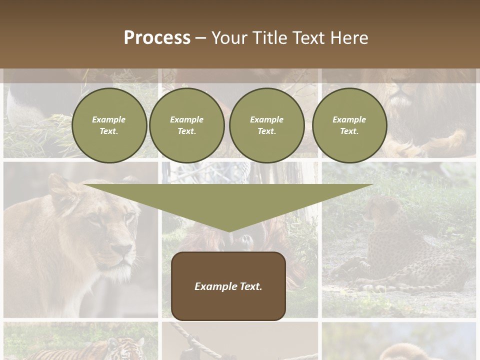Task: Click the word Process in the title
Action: point(157,38)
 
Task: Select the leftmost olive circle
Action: point(109,125)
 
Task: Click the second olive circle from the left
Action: point(187,125)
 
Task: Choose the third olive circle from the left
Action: point(267,125)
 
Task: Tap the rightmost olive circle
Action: point(349,125)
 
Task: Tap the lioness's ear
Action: point(59,187)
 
